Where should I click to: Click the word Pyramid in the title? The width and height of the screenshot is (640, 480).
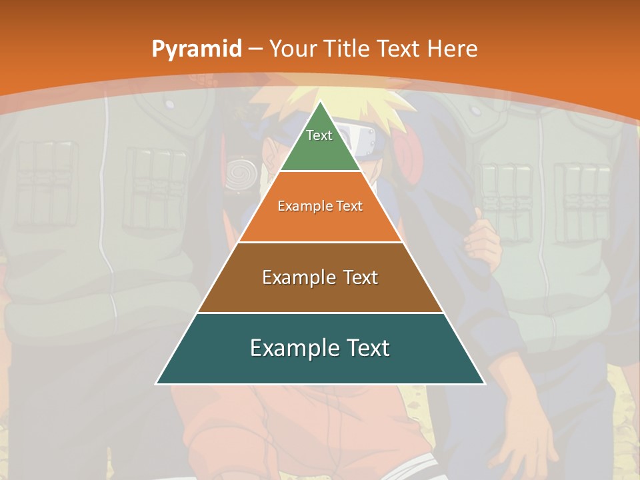197,49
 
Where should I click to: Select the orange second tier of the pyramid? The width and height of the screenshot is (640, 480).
320,223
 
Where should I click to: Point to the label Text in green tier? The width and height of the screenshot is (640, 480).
319,135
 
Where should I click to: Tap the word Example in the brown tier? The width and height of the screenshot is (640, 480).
291,277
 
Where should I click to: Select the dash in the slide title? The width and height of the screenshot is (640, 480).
255,49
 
